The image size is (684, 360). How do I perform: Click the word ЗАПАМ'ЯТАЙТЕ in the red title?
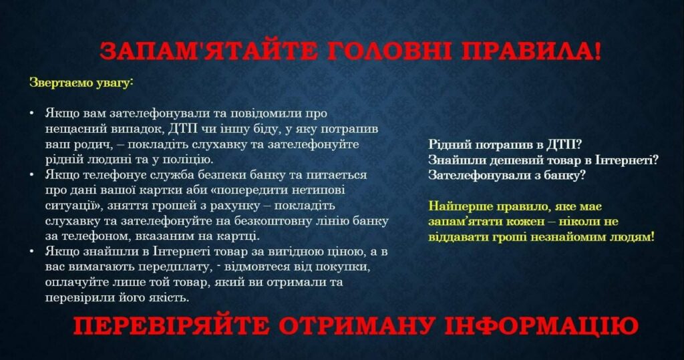(x=208, y=51)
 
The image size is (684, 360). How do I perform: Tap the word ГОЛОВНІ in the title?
(x=389, y=51)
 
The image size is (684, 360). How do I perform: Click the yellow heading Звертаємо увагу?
(x=81, y=82)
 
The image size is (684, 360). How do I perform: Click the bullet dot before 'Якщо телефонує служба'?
(x=32, y=175)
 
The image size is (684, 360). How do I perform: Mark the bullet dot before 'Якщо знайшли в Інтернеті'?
(x=32, y=252)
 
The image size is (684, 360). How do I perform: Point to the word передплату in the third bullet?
(x=176, y=267)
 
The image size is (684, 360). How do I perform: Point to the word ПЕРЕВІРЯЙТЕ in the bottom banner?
(x=171, y=325)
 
